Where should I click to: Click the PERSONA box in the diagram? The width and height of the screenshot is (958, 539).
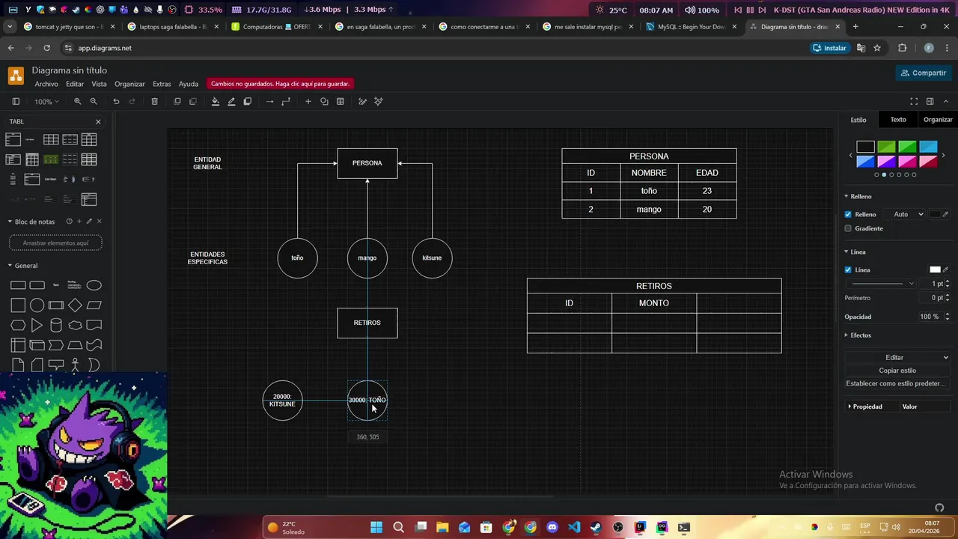point(367,163)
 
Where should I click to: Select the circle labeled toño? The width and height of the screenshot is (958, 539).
point(297,258)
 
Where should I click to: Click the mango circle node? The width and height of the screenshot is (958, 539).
point(367,258)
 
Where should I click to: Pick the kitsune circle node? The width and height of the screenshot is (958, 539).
point(432,258)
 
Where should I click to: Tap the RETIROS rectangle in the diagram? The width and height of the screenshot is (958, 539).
point(367,323)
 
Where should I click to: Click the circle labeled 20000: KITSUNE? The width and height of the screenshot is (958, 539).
point(282,401)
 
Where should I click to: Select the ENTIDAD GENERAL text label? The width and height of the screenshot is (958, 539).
point(207,163)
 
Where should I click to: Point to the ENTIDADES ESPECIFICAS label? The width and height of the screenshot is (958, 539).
point(207,258)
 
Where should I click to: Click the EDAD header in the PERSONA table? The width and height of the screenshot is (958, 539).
point(707,173)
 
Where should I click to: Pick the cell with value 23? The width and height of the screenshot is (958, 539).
point(707,191)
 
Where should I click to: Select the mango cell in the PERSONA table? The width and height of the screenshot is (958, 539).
point(648,210)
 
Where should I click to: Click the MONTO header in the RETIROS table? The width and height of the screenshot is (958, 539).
point(653,303)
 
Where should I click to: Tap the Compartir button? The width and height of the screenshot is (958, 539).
point(924,73)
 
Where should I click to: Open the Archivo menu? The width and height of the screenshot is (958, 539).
point(46,84)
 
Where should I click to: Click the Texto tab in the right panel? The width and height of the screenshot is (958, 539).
point(897,120)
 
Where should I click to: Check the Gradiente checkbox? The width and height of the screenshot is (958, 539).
point(848,228)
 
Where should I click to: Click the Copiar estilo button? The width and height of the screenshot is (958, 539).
point(897,371)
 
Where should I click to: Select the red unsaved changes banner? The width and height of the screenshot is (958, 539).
point(280,84)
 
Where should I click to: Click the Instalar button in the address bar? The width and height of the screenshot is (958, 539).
point(829,48)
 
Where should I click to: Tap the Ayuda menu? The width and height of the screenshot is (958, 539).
point(188,84)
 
